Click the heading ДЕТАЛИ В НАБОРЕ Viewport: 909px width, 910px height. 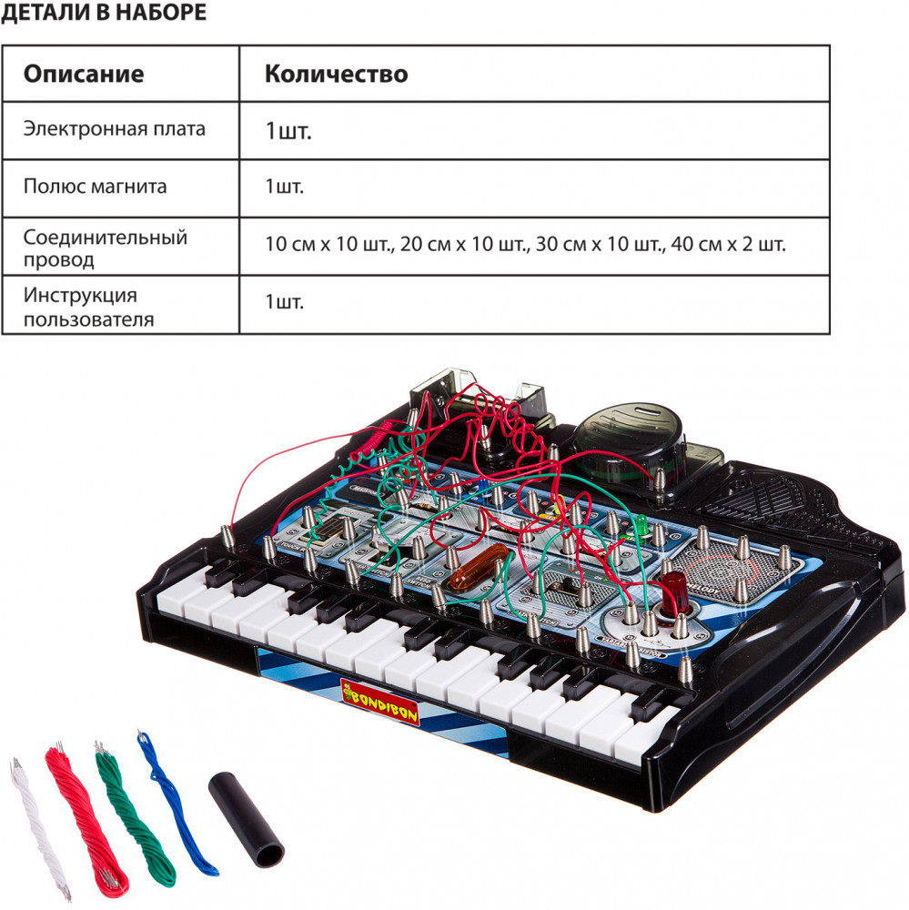[x=103, y=13]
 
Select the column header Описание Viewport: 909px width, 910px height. [x=84, y=74]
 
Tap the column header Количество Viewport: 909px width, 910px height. [x=336, y=74]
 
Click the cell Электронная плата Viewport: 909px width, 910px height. [x=115, y=128]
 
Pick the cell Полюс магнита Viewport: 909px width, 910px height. [x=96, y=187]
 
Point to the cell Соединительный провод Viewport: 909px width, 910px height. [x=106, y=248]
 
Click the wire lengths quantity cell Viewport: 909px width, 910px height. [x=525, y=244]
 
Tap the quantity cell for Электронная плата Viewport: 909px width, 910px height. [x=288, y=131]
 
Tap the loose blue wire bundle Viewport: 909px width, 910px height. [x=175, y=801]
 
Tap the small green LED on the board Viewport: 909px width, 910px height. [x=641, y=525]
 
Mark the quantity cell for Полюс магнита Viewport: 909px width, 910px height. [x=285, y=187]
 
